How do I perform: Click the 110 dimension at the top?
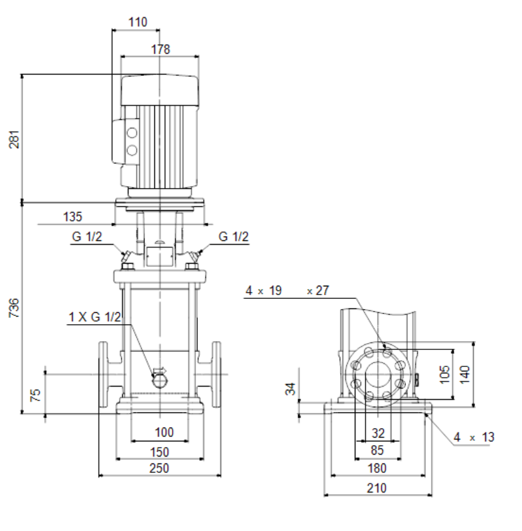point(138,22)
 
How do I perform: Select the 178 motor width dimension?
point(161,49)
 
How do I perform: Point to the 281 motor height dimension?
point(14,139)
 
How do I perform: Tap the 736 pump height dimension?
point(14,308)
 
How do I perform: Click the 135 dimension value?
point(72,217)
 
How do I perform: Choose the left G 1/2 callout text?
point(87,236)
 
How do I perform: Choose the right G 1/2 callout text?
point(234,236)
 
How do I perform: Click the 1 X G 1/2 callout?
point(95,317)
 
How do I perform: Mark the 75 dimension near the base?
point(35,395)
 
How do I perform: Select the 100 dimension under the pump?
point(164,433)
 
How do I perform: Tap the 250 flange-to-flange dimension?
point(159,469)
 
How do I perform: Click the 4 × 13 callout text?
point(474,437)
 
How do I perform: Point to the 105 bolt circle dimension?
point(445,374)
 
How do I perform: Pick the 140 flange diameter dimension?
point(465,374)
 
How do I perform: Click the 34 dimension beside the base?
point(291,389)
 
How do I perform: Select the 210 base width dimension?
point(376,488)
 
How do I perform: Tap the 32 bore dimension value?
point(378,433)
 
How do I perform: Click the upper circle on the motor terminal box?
point(132,132)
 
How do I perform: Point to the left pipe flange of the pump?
point(103,374)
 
